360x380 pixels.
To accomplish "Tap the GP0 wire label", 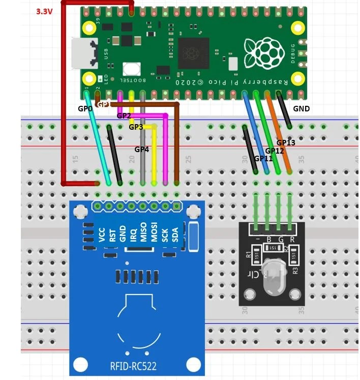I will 85,108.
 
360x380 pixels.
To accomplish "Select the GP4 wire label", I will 142,150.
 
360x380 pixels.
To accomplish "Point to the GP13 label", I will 286,143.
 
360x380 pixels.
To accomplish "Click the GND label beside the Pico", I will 302,108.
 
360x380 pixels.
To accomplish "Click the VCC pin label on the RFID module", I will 102,235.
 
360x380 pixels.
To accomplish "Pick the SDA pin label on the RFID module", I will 176,235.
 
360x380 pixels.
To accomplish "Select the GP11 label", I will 263,158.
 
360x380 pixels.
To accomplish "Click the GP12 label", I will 275,151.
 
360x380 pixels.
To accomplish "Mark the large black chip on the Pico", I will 194,51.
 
